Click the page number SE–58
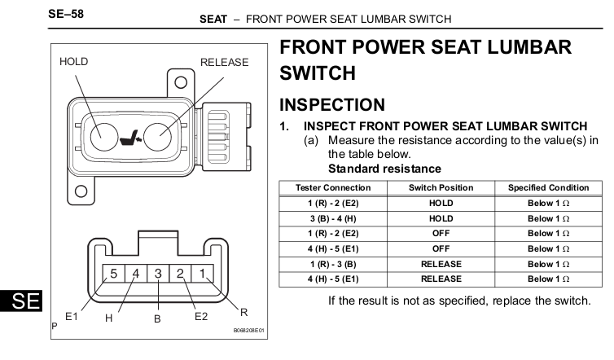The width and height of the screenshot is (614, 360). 66,14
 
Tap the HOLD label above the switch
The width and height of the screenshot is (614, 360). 73,62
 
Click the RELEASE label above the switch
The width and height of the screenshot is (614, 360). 225,62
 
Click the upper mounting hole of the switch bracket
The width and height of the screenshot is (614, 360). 181,82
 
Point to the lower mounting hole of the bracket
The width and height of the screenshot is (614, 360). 81,191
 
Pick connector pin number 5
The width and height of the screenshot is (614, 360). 113,273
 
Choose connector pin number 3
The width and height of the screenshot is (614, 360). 158,273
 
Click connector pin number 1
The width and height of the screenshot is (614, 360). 203,273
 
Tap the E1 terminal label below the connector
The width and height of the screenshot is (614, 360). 72,316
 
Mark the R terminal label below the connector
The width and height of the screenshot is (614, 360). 244,312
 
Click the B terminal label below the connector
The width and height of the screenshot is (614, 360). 157,318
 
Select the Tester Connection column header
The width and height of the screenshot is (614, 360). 333,187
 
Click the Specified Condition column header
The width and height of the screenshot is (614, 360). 549,187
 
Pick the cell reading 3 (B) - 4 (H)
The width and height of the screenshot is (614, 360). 333,218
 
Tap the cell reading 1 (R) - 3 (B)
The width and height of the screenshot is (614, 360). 333,264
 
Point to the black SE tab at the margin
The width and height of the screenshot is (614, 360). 21,301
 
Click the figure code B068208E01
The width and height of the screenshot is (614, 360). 249,330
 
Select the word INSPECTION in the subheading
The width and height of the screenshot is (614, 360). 332,104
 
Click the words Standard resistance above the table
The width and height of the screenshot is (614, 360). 384,169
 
